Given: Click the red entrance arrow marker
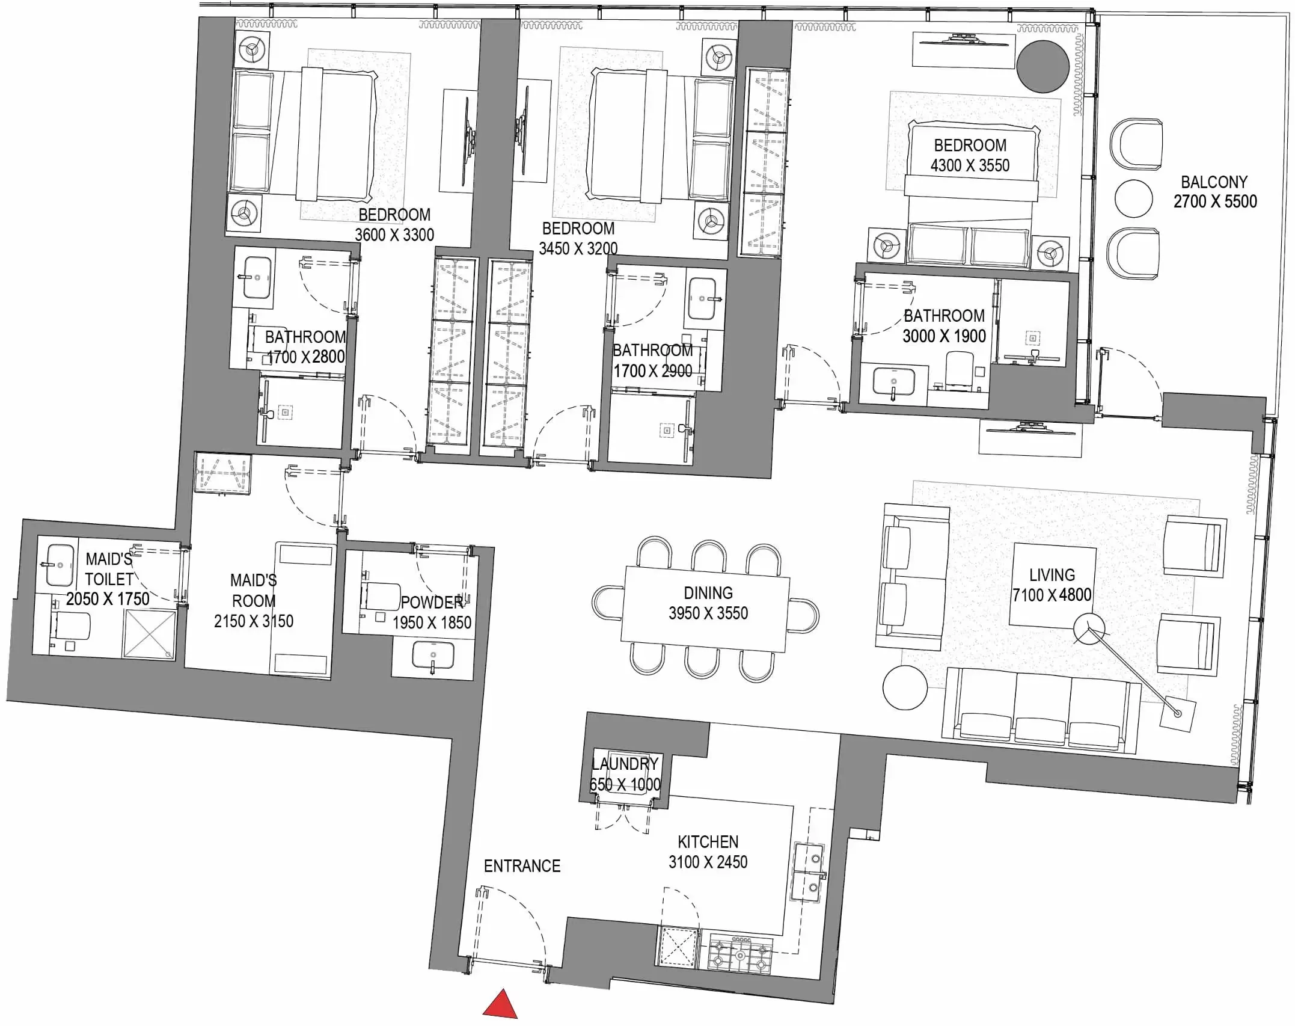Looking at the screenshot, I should [x=501, y=1005].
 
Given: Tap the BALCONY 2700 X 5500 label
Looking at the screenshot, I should [x=1214, y=192].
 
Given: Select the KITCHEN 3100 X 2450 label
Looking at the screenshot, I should [x=708, y=852].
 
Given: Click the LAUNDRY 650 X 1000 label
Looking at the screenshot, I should [x=625, y=774].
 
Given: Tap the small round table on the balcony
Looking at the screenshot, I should [x=1133, y=198].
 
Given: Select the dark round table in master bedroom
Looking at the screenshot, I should [x=1042, y=66].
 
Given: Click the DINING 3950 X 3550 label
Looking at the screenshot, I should [x=708, y=603].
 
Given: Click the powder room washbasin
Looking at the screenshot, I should [x=433, y=656].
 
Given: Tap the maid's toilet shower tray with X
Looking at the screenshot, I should [x=149, y=634].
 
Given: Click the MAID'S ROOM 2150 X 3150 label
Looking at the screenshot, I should [x=254, y=601].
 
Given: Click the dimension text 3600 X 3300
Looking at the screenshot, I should [x=394, y=235].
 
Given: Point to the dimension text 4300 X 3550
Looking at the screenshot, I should [x=970, y=166].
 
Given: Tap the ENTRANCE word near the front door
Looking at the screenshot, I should [x=522, y=866].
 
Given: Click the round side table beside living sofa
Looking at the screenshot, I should [x=905, y=688].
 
